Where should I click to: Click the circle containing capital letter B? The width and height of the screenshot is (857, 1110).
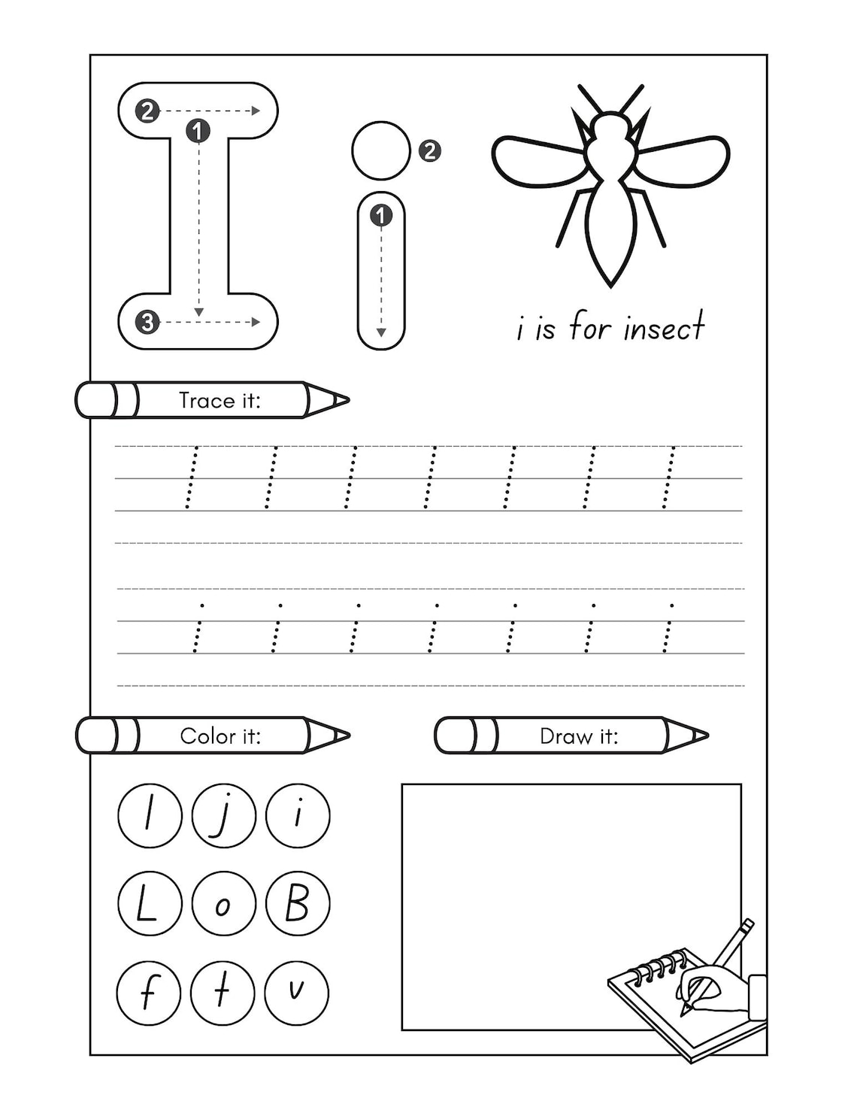coord(298,903)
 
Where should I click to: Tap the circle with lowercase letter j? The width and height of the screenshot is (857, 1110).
coord(223,815)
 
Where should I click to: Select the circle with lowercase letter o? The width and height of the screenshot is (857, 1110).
coord(223,903)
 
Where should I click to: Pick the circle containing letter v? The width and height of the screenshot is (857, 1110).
coord(297,992)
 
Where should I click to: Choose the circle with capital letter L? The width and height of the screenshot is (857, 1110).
coord(150,903)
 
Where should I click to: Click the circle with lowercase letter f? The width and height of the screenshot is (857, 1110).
coord(149,992)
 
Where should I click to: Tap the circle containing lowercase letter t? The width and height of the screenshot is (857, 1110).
coord(223,992)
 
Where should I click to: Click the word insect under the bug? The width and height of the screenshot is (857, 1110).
coord(664,328)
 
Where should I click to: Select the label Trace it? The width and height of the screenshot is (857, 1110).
coord(220,400)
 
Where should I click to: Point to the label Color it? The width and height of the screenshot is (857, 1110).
coord(220,735)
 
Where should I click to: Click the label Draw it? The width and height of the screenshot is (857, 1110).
coord(579,735)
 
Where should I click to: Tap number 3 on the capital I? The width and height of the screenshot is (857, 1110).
coord(147,323)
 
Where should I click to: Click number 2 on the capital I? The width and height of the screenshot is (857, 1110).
coord(147,111)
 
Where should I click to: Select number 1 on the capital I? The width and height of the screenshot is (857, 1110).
coord(198,132)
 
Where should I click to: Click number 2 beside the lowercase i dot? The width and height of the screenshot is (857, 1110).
coord(429,151)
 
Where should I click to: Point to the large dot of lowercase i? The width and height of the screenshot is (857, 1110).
coord(381,150)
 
